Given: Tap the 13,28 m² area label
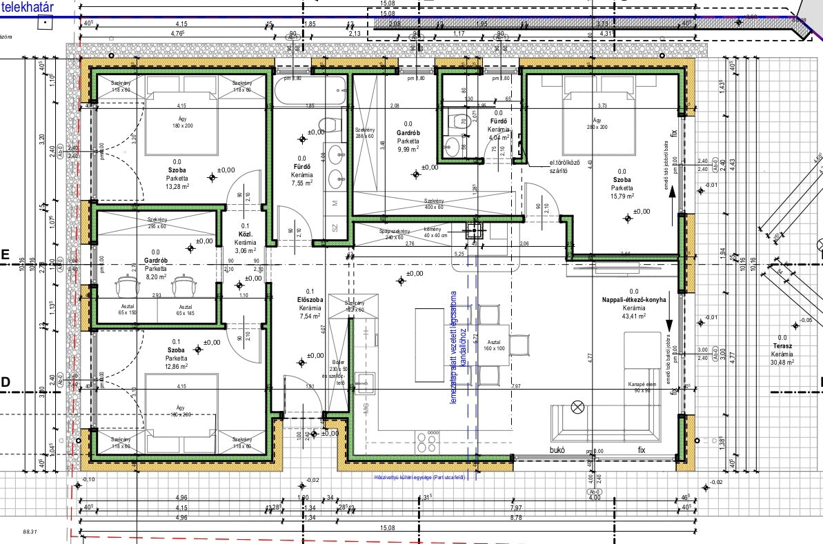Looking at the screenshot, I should tap(177, 185).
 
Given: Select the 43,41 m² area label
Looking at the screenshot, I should tap(633, 316).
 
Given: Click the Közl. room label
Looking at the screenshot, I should tap(245, 234).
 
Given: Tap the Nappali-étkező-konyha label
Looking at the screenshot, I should tap(633, 300).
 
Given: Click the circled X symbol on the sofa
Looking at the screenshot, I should tap(577, 407).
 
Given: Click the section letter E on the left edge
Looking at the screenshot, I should tap(5, 254).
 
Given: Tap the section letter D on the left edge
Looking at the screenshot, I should tap(5, 381).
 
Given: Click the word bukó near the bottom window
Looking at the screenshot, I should tap(557, 450).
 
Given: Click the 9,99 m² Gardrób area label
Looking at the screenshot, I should tap(409, 149).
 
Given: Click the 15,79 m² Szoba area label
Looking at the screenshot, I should tap(622, 196).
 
